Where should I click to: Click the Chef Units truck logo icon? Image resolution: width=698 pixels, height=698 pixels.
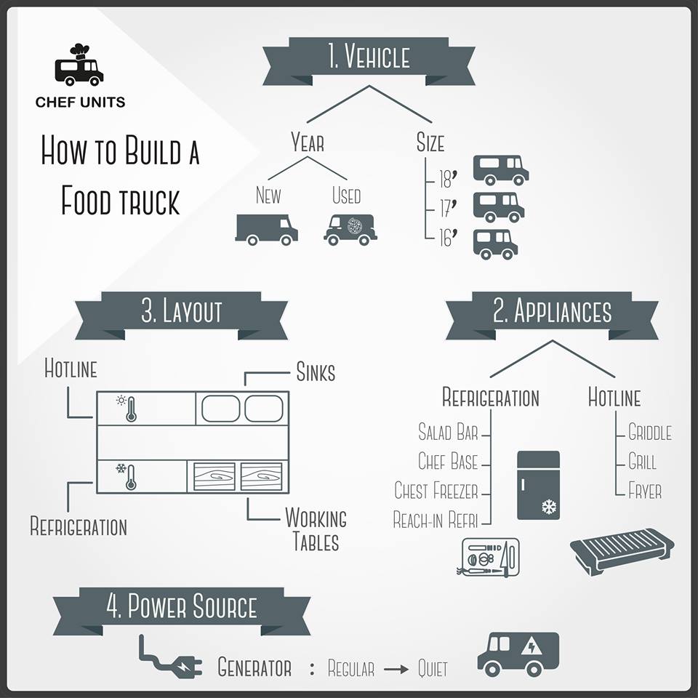coord(79,65)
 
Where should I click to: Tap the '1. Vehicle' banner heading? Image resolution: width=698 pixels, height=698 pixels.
coord(369,61)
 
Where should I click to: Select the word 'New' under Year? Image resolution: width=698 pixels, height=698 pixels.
coord(268,195)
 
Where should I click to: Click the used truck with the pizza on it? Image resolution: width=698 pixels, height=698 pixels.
coord(350,230)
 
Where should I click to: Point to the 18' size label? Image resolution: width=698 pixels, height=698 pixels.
coord(448,179)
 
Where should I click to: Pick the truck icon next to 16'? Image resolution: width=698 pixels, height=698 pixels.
coord(495,244)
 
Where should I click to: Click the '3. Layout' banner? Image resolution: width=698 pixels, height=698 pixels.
coord(181,316)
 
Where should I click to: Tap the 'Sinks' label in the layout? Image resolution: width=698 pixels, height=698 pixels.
coord(316,372)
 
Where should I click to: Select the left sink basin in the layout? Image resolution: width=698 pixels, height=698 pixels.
coord(220,408)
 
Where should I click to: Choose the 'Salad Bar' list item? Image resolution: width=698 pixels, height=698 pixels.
coord(448,432)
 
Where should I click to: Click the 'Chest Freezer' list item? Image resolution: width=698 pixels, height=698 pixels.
coord(436,491)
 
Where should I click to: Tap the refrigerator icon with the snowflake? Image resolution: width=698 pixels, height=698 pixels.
coord(538,485)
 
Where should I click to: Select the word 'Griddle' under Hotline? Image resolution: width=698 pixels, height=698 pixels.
coord(650,432)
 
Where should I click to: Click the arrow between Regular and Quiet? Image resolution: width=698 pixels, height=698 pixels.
coord(396,669)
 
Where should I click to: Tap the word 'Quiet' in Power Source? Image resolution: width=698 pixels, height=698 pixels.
coord(433,669)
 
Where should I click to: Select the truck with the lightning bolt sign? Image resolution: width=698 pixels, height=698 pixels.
coord(518,654)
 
